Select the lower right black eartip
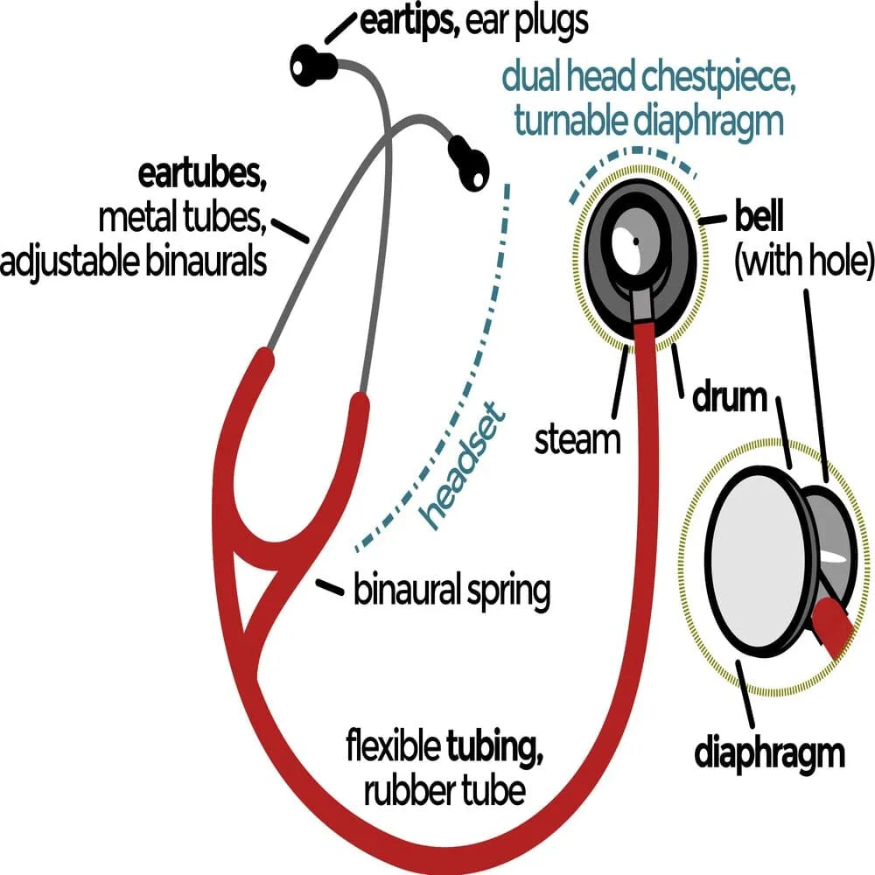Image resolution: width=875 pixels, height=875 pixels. point(468,162)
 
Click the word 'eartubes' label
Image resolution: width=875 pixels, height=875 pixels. point(201,175)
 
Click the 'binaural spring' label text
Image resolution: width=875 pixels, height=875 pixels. point(451,591)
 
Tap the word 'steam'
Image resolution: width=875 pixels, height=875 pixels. point(577,439)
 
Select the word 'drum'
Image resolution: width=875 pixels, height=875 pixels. point(730,399)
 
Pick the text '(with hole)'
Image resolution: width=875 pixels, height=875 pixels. point(803,262)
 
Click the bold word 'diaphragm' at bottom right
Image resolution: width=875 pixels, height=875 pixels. point(770,752)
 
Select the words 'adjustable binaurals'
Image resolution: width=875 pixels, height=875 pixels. point(133,262)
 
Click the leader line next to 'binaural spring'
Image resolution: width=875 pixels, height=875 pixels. point(329,587)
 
